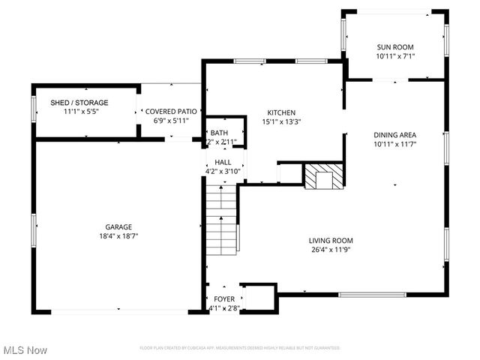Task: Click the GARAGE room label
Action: pos(118,226)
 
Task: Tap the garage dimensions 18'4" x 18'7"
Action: pos(118,236)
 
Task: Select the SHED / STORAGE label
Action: pos(79,103)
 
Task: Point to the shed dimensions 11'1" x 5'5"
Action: pos(79,112)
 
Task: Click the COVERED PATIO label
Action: pos(171,111)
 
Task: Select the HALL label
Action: pos(223,162)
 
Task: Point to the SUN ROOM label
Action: pos(394,47)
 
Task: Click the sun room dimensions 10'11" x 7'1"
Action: pos(394,56)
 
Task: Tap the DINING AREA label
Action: pos(394,135)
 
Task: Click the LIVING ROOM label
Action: pos(331,241)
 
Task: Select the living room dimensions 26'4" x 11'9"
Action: pos(331,250)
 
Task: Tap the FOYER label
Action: pos(223,298)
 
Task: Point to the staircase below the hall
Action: pos(222,221)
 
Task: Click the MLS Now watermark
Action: pos(25,350)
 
